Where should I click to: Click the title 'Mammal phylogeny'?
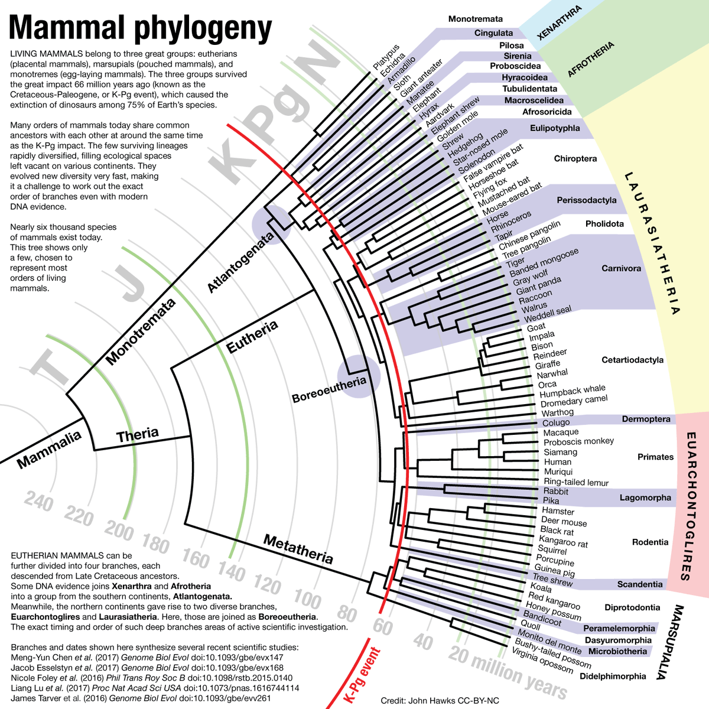[x=141, y=27]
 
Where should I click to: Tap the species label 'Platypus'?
[x=386, y=56]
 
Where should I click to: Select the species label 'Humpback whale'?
[x=573, y=391]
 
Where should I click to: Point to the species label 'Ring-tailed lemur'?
[x=576, y=482]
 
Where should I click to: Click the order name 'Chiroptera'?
[x=575, y=158]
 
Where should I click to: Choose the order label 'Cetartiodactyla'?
[x=632, y=360]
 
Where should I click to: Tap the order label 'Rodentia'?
[x=650, y=542]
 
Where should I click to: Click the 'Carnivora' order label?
[x=621, y=268]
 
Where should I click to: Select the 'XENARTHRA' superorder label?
[x=560, y=22]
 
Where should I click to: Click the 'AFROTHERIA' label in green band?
[x=591, y=59]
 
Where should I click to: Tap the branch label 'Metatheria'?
[x=298, y=549]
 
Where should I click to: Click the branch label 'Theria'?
[x=138, y=435]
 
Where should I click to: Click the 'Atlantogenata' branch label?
[x=241, y=262]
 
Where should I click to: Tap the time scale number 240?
[x=39, y=503]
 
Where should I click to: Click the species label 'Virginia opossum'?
[x=542, y=661]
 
